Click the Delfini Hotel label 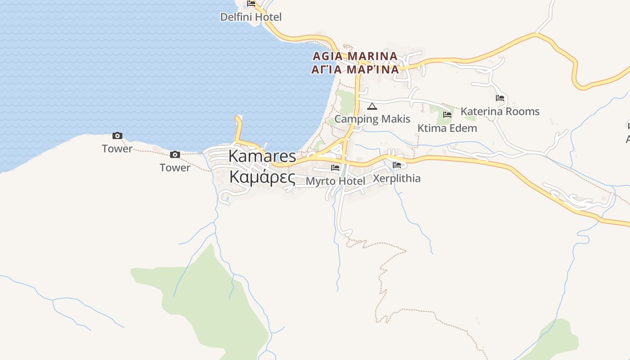251,17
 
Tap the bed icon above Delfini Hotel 251,4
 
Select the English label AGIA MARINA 355,56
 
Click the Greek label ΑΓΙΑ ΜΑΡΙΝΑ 355,69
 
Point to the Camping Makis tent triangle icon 372,107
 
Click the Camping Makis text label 372,119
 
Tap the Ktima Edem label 447,128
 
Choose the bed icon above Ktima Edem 447,115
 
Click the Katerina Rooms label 500,112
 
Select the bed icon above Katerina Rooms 500,98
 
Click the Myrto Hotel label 335,181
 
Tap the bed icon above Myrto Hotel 335,168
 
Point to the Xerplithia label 397,178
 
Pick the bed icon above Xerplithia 397,165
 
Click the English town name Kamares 262,156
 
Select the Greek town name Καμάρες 262,177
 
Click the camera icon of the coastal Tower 117,135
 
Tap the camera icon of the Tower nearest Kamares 175,155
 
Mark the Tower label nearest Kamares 175,168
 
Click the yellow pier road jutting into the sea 238,128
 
